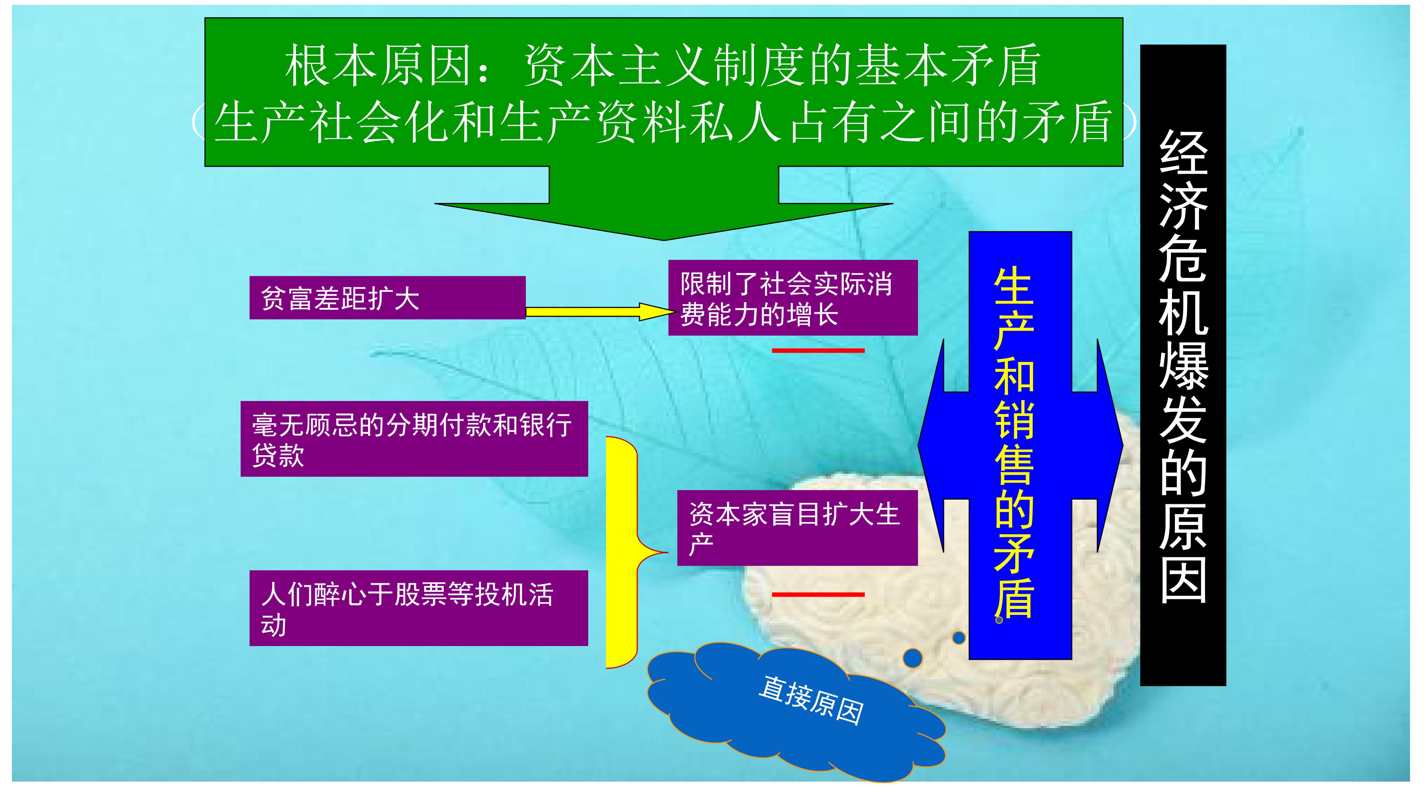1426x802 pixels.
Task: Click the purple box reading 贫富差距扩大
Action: point(387,298)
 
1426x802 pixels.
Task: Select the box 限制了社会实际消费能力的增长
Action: point(793,298)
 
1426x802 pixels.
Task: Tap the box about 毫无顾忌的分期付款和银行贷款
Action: point(414,439)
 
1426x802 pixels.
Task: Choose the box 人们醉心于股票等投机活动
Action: point(419,608)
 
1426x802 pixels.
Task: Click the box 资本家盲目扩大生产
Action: point(797,528)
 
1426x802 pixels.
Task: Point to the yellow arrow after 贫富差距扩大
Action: point(599,312)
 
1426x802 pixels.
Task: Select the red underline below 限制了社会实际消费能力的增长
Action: point(818,351)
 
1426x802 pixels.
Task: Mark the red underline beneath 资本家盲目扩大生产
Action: point(818,594)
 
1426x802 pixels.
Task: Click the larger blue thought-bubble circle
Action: point(913,658)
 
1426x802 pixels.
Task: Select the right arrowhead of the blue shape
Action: point(1110,446)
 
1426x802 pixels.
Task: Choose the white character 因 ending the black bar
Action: point(1184,580)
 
